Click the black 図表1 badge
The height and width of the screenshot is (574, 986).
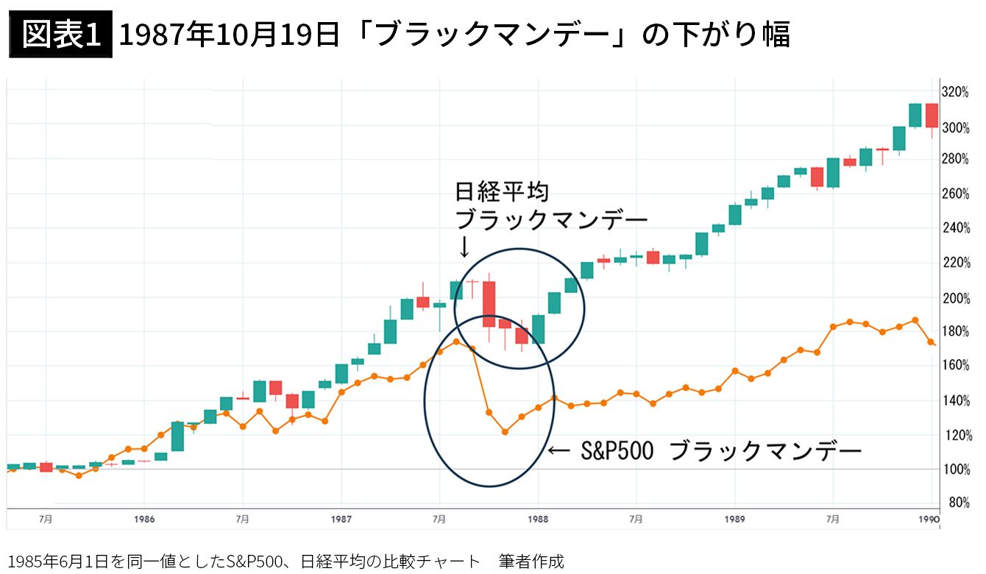(x=61, y=35)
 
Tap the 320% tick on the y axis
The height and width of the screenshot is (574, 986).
(x=956, y=92)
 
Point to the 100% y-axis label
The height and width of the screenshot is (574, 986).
(x=956, y=470)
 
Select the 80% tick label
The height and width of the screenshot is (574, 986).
(x=960, y=502)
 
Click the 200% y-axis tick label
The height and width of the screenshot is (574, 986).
(x=956, y=299)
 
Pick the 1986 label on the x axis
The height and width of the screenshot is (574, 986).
(x=144, y=520)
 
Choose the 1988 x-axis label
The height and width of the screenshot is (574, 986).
(x=538, y=520)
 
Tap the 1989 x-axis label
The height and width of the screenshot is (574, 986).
(x=734, y=520)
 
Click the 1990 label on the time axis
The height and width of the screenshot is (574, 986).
(x=929, y=520)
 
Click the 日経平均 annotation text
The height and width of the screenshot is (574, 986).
(x=502, y=192)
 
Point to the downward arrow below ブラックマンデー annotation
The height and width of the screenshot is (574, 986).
(x=464, y=247)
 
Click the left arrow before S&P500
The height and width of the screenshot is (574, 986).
(x=558, y=451)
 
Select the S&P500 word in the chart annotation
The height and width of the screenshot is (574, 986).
(x=617, y=451)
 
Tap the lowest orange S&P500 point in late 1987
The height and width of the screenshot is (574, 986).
(x=505, y=432)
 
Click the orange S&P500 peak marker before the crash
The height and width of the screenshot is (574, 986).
(x=456, y=341)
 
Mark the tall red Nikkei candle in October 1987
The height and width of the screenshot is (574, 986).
(x=489, y=304)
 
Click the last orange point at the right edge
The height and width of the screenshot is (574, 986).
(x=931, y=341)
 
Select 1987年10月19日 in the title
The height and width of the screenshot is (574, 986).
(x=230, y=35)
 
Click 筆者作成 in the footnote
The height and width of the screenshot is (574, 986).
(x=531, y=561)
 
